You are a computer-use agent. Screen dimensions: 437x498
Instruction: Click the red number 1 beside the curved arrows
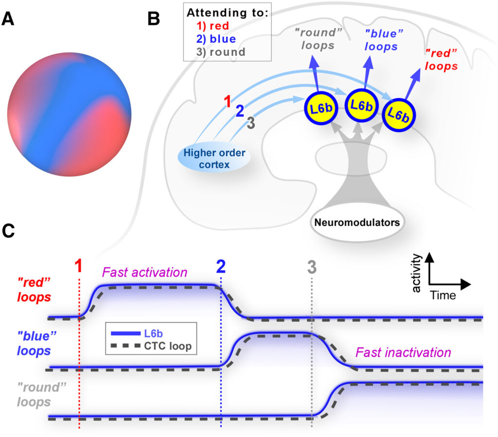(x=227, y=101)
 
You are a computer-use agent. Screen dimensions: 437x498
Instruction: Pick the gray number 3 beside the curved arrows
(x=250, y=123)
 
